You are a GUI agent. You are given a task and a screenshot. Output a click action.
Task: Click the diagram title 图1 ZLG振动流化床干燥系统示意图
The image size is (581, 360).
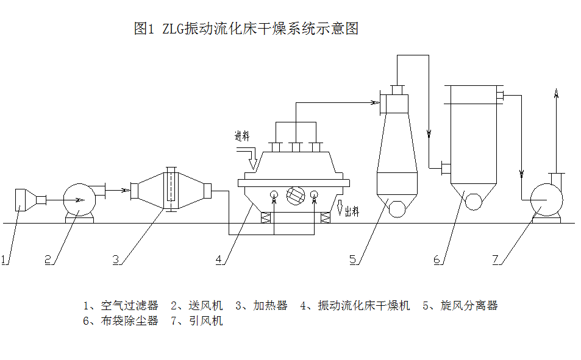coord(246,29)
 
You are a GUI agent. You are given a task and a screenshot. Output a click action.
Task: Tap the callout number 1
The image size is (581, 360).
coord(4,259)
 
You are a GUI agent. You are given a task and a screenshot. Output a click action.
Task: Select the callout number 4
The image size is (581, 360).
coord(218,259)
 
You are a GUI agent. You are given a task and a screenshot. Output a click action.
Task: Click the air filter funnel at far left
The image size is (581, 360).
coord(23,199)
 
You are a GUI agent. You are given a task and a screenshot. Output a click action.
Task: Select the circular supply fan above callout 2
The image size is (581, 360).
coord(79,199)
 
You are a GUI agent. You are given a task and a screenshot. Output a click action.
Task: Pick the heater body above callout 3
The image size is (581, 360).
coord(171,189)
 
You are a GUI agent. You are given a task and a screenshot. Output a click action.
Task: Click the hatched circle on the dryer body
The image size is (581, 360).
coord(294,195)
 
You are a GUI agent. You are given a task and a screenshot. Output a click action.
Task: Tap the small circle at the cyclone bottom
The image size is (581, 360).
coord(397,208)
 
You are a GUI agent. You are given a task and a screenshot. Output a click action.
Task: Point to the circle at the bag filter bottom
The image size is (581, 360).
coord(473,202)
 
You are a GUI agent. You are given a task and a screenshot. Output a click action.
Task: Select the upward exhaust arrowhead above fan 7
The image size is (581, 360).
coord(555,93)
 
